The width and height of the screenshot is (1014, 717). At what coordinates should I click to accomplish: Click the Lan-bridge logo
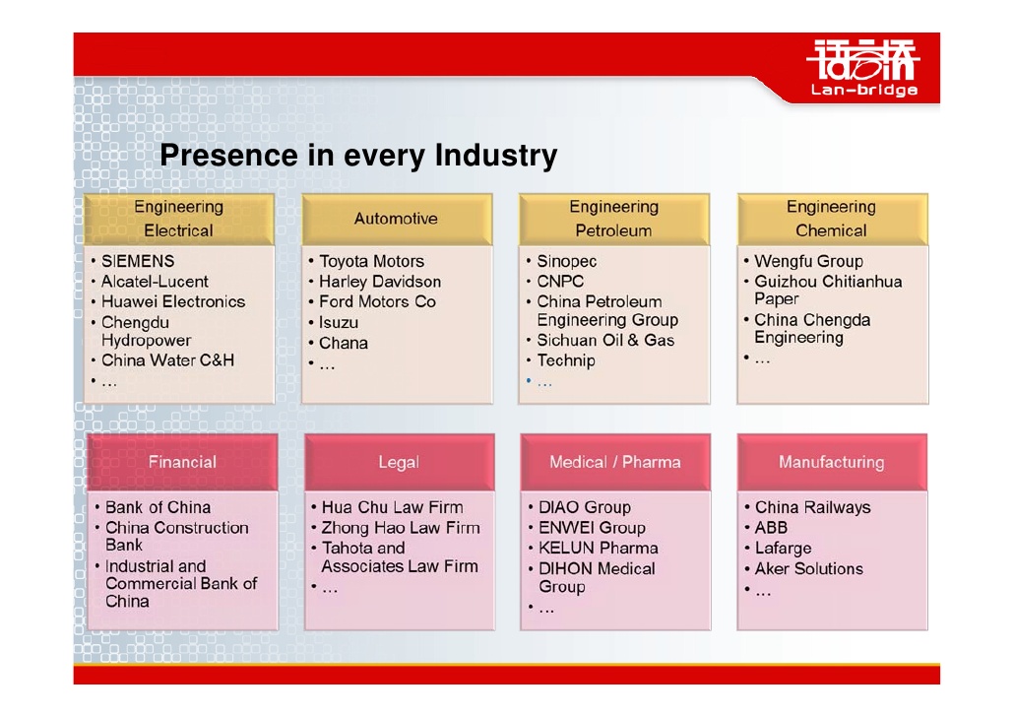[x=863, y=68]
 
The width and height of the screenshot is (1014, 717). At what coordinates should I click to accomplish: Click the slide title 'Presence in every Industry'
[x=358, y=156]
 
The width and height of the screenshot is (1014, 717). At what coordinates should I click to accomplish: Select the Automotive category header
[x=397, y=219]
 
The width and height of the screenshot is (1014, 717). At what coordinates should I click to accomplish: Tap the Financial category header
[x=182, y=462]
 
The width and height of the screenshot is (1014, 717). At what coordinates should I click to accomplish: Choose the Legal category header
[x=399, y=462]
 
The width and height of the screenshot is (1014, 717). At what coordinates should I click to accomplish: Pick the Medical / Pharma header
[x=615, y=462]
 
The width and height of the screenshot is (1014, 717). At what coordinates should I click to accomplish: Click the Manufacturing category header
[x=832, y=462]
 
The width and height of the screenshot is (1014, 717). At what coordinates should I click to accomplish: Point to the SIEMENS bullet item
[x=138, y=261]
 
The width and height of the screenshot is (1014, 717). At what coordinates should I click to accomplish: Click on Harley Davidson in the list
[x=380, y=282]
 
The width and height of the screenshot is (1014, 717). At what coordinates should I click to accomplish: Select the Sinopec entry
[x=566, y=261]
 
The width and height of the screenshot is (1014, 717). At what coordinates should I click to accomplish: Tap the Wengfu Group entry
[x=808, y=261]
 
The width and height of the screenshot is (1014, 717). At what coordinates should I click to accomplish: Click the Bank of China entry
[x=158, y=507]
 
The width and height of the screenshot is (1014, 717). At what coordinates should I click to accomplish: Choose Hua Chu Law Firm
[x=392, y=507]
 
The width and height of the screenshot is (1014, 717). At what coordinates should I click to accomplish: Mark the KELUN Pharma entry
[x=599, y=549]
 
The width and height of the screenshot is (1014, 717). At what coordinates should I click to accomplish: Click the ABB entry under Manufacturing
[x=771, y=527]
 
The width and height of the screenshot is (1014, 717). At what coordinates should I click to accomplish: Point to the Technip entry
[x=566, y=360]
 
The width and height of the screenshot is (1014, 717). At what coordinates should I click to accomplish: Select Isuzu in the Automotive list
[x=339, y=322]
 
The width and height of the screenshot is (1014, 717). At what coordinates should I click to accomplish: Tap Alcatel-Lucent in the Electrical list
[x=155, y=282]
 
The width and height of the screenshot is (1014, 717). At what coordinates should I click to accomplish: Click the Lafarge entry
[x=783, y=549]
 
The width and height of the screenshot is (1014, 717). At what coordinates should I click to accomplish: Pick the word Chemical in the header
[x=831, y=230]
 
